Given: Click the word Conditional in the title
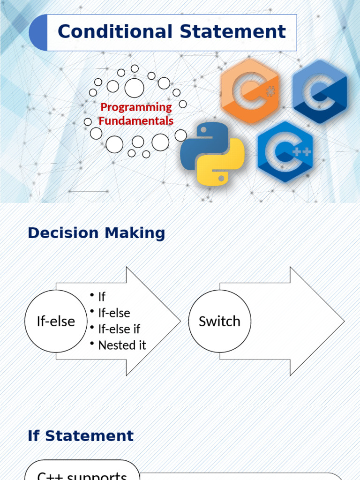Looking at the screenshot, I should click(115, 32).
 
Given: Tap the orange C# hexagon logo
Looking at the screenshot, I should click(249, 91).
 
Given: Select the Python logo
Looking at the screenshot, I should click(212, 154).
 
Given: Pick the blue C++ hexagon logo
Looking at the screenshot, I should click(285, 151).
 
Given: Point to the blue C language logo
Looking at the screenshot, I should click(320, 91).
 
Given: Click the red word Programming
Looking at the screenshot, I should click(136, 107).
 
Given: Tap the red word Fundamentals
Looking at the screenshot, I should click(136, 121).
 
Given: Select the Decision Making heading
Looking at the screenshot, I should click(97, 233).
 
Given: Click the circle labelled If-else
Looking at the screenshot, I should click(56, 321).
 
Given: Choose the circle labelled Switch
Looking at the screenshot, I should click(219, 321).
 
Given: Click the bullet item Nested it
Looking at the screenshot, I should click(122, 345).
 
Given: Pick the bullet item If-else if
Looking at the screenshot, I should click(119, 329).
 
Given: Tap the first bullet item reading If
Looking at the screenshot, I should click(102, 297).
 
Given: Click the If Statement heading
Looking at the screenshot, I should click(81, 436).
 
